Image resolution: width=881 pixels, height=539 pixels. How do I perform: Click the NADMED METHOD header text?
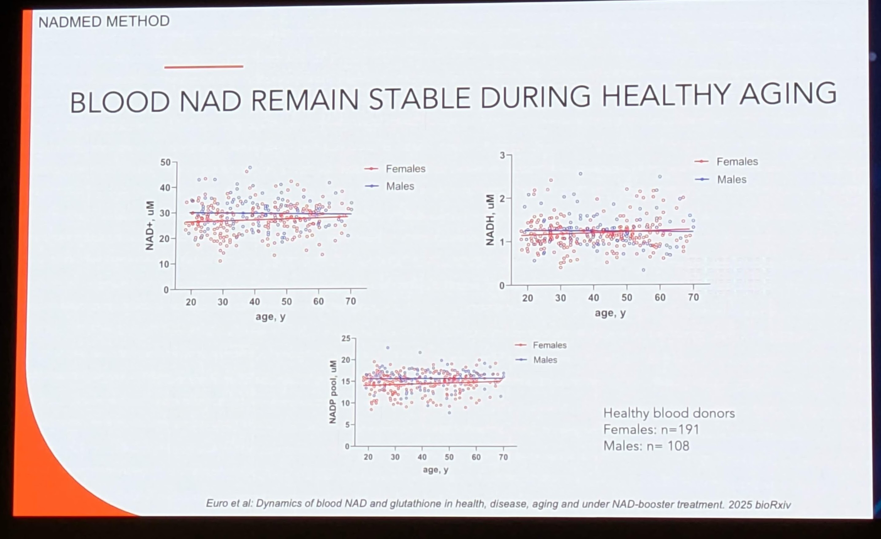click(104, 21)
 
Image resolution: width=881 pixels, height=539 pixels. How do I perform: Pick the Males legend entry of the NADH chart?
click(731, 180)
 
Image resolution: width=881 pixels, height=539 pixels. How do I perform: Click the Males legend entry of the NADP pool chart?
click(544, 360)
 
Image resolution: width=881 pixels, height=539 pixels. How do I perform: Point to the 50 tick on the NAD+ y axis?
click(166, 162)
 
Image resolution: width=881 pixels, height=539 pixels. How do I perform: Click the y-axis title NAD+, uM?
click(150, 226)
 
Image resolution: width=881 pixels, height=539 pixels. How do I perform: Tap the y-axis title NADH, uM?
click(490, 220)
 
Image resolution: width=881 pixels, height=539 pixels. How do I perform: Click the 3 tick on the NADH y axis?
click(502, 155)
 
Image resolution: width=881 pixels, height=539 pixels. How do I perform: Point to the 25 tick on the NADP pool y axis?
click(346, 338)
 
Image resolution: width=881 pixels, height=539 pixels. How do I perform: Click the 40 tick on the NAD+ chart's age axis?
click(254, 302)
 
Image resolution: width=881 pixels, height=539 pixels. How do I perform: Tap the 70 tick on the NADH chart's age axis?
click(693, 298)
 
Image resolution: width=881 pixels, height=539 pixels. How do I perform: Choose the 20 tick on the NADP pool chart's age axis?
click(368, 457)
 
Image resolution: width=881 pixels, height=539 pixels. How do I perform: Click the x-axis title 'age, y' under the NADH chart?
click(610, 313)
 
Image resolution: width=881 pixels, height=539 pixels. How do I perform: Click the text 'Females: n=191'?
click(651, 430)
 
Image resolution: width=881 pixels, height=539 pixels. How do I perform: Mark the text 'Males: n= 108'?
click(646, 446)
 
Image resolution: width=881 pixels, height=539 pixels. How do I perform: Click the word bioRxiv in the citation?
click(773, 505)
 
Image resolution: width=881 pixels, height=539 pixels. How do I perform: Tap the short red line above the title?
click(204, 67)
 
